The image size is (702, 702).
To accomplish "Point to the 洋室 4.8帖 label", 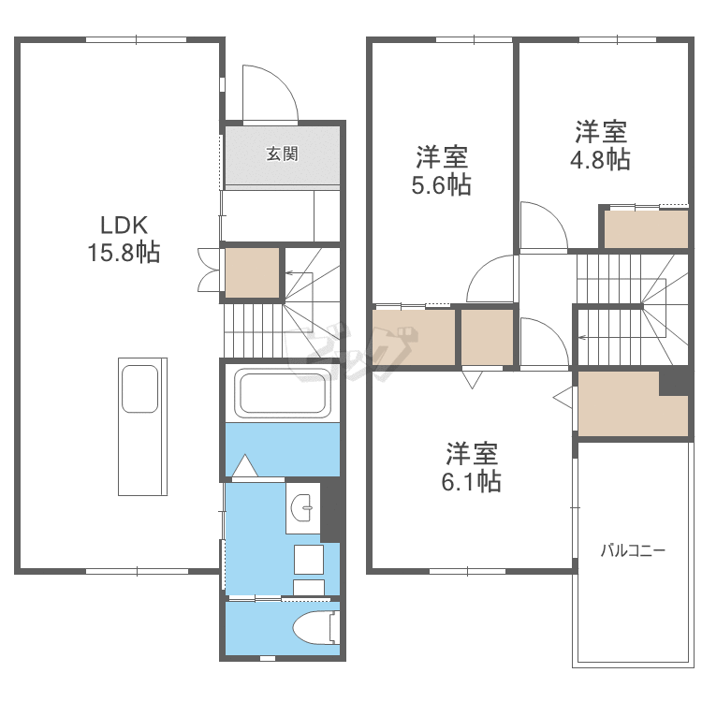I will tap(600, 145).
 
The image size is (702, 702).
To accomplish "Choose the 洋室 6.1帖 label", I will tap(472, 467).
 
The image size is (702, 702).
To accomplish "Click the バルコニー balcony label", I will tap(633, 550).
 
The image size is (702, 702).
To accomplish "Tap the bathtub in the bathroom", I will tap(284, 393).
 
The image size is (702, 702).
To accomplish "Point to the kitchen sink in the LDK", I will tap(139, 388).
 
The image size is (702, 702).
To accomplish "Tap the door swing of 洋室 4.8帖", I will tap(542, 227).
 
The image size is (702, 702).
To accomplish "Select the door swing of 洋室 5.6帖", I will tap(492, 280).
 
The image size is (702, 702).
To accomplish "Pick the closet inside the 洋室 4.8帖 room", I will tap(646, 229).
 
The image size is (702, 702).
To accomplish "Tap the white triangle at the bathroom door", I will tap(244, 465).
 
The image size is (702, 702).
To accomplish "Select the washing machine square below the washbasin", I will tap(310, 559).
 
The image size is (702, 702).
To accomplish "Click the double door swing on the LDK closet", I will tap(207, 270).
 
